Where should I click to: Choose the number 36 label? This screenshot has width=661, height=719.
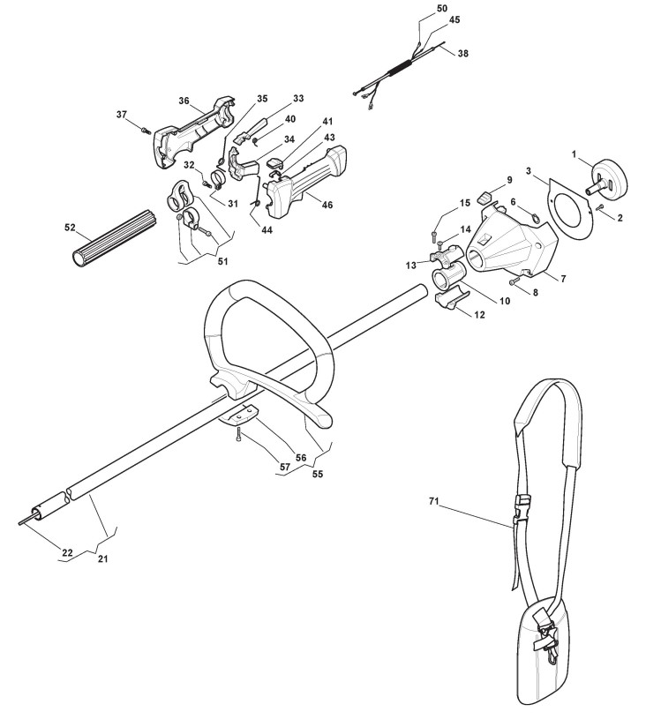[x=184, y=101]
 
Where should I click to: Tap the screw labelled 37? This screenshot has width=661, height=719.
[x=145, y=130]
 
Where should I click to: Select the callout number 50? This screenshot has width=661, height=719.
[x=442, y=8]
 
